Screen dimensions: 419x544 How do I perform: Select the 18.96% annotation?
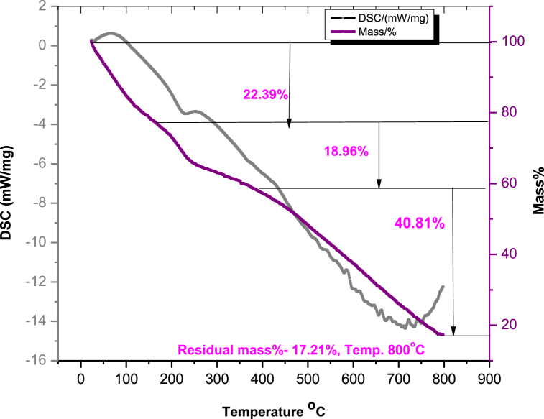click(348, 152)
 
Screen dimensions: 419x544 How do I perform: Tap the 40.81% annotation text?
click(420, 224)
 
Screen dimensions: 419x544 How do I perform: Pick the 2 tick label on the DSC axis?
click(46, 6)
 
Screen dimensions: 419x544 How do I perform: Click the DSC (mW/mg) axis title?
click(11, 183)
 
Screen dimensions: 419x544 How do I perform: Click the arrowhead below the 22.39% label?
click(290, 124)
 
